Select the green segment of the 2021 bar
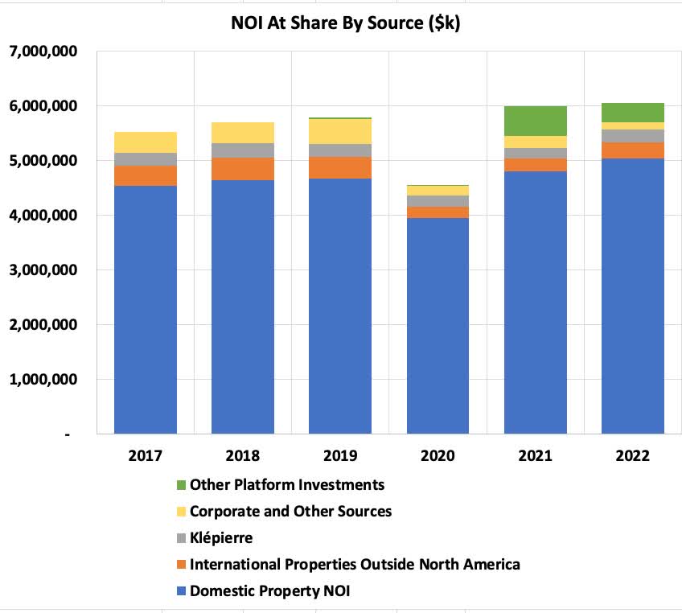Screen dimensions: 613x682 click(x=536, y=121)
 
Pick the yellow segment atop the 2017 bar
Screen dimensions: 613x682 click(x=146, y=142)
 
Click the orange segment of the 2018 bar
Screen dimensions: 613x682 click(x=243, y=169)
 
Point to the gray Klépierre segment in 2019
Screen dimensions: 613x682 click(x=340, y=150)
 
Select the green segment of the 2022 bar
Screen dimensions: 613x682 click(x=633, y=113)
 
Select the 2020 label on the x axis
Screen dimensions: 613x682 click(x=438, y=455)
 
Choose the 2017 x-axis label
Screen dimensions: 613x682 click(x=146, y=455)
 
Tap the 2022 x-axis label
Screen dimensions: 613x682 click(x=633, y=455)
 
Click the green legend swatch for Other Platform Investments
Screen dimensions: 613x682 click(x=182, y=485)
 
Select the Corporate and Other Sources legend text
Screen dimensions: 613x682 click(x=290, y=511)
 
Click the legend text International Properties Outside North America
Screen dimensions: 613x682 click(x=355, y=564)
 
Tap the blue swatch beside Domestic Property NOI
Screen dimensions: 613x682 click(x=182, y=591)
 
